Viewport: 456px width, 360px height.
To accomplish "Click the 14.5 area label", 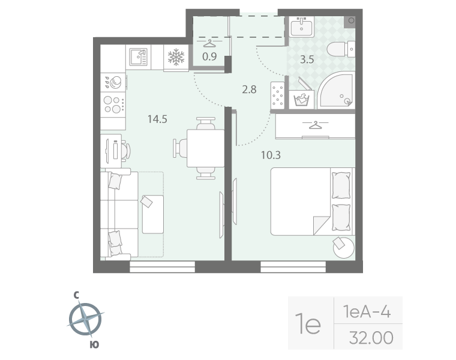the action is pos(157,119).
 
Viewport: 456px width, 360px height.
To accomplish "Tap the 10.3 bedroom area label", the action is pos(271,155).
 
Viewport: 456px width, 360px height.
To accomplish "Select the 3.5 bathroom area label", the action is pos(307,59).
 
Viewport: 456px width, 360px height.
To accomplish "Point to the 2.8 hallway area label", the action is pos(249,89).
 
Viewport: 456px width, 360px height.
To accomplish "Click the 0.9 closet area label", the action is pos(209,56).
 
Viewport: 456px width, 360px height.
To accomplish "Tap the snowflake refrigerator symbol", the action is pos(176,57).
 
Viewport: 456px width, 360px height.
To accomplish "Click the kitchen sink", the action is pos(139,57).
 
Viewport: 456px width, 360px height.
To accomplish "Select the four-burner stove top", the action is pos(113,104).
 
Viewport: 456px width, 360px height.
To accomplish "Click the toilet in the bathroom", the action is pos(341,49).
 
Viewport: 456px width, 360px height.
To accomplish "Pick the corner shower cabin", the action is pos(336,90).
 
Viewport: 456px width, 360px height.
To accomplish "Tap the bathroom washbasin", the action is pos(301,26).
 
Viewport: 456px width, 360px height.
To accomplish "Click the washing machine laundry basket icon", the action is pos(301,100).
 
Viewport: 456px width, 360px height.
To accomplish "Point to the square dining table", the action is pos(205,148).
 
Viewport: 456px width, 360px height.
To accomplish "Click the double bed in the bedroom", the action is pos(313,202).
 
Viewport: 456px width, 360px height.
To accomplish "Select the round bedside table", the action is pos(344,248).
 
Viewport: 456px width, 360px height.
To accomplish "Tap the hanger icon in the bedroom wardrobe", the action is pos(315,125).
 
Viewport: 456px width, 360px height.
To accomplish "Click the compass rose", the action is pos(85,319).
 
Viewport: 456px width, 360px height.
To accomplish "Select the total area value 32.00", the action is pos(371,338).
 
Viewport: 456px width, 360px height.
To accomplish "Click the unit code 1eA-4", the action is pos(367,312).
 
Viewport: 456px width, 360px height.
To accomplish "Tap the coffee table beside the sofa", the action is pos(152,214).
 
